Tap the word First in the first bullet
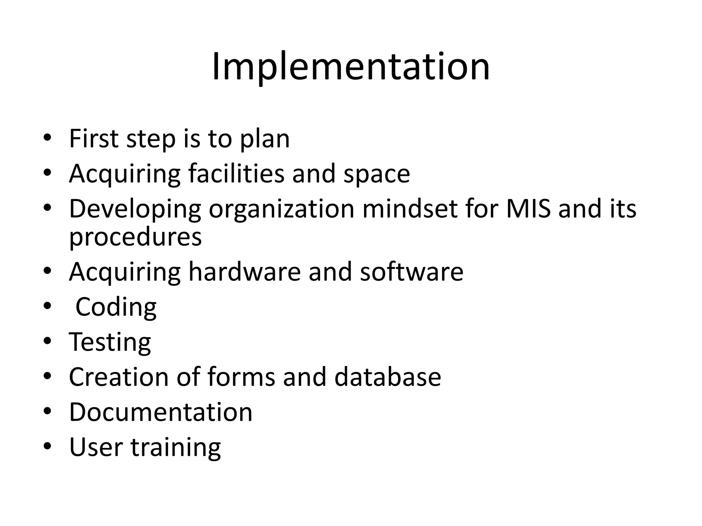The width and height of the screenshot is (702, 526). pos(94,138)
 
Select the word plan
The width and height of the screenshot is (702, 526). pos(265,140)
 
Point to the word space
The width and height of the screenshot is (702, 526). pos(376,175)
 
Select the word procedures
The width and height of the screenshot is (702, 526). pos(135,237)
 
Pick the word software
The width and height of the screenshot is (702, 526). pos(411,272)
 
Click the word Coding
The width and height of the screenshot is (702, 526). pos(116,307)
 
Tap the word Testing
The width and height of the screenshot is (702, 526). pos(110,342)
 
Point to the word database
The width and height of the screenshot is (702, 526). pos(387,377)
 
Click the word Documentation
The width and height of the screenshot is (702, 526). pos(161,412)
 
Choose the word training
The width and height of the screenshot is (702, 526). pos(176,448)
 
